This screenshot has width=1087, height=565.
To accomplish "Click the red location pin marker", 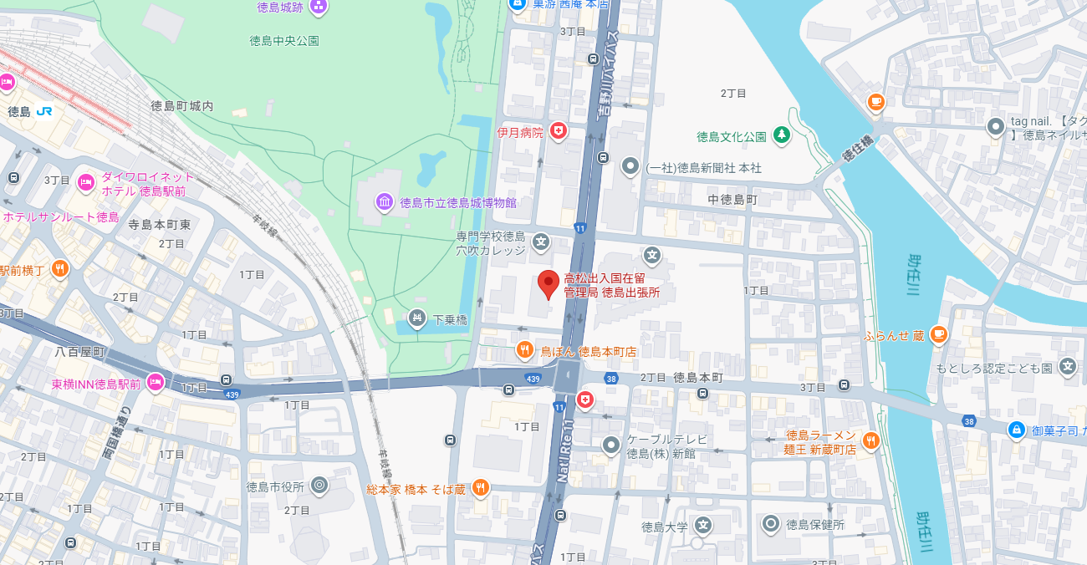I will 548,283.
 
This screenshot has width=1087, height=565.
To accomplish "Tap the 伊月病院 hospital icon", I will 558,130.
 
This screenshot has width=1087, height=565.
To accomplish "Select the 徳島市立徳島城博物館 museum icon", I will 384,202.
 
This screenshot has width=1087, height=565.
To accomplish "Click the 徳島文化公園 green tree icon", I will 781,135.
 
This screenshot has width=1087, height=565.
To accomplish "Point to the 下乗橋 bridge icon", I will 417,318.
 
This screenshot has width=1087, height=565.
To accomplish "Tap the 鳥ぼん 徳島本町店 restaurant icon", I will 525,351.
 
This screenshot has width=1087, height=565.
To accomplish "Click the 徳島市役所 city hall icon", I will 319,486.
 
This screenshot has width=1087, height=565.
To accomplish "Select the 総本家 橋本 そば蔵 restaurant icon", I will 480,488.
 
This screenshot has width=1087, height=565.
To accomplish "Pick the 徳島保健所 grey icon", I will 771,525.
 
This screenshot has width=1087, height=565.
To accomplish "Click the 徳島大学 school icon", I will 704,526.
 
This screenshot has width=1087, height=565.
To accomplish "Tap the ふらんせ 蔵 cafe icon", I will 938,335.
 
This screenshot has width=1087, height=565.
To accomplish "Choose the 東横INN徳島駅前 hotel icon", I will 155,384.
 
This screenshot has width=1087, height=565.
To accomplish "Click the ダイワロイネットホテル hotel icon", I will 85,183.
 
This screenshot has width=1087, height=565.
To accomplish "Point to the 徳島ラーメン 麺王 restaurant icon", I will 871,440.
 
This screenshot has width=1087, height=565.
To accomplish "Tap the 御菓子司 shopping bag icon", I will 1016,430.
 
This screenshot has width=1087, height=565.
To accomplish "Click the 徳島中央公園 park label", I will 284,40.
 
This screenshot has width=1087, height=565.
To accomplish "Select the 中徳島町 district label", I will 732,200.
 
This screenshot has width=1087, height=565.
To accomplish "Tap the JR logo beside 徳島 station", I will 44,110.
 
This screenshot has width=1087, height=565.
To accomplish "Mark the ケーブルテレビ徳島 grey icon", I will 612,445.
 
